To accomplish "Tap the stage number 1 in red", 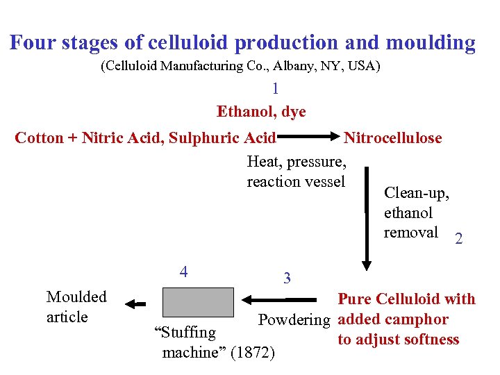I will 276,89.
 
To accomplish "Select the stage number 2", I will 458,240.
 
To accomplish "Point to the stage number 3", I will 287,278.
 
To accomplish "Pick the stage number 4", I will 183,272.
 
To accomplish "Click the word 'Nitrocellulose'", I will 393,137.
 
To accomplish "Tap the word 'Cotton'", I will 39,137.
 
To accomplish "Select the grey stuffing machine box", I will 198,302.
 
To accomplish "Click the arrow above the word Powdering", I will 284,300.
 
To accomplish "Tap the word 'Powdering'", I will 294,320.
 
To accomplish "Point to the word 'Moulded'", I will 76,297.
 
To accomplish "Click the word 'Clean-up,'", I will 417,193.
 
